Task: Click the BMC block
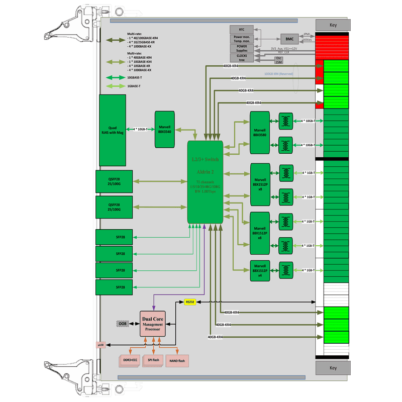point(289,39)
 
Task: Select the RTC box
point(242,30)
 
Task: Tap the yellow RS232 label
point(189,302)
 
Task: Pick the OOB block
point(123,324)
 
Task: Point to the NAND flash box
point(176,360)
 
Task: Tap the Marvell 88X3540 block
point(164,129)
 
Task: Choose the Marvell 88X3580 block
point(260,132)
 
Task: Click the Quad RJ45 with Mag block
point(113,130)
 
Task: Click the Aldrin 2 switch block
point(205,182)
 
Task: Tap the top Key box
point(333,25)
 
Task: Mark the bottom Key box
point(333,368)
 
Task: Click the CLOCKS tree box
point(242,57)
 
